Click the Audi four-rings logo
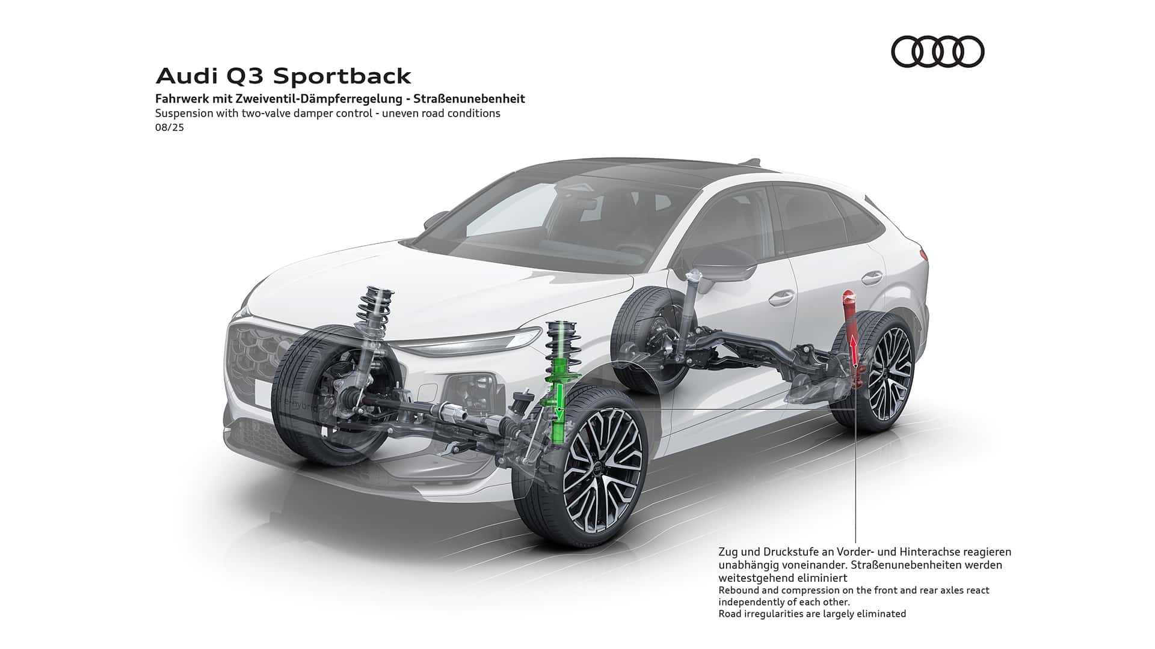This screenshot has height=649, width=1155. [x=937, y=52]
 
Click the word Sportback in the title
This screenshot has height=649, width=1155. [x=342, y=76]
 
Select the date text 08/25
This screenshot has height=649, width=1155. [x=169, y=127]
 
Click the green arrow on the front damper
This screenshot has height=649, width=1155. [x=559, y=401]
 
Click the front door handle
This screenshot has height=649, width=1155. [x=780, y=296]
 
